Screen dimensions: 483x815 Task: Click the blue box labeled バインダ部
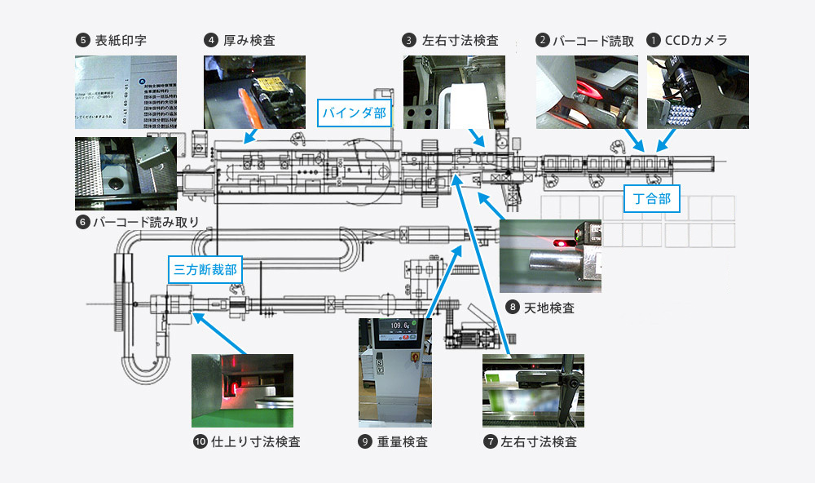[x=354, y=112]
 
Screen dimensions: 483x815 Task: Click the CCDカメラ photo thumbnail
[x=698, y=91]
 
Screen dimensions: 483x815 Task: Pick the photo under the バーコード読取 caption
[x=587, y=91]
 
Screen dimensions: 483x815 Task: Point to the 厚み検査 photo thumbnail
[x=254, y=91]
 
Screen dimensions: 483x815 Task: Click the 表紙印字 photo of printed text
[x=126, y=91]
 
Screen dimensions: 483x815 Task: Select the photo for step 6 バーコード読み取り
[x=126, y=173]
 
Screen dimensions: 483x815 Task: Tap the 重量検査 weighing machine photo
[x=394, y=372]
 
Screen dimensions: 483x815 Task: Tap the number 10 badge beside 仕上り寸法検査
[x=200, y=442]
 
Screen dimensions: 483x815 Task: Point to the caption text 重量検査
[x=403, y=442]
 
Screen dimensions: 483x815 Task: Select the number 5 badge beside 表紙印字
[x=81, y=39]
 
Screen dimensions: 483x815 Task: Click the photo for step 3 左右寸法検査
[x=454, y=91]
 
